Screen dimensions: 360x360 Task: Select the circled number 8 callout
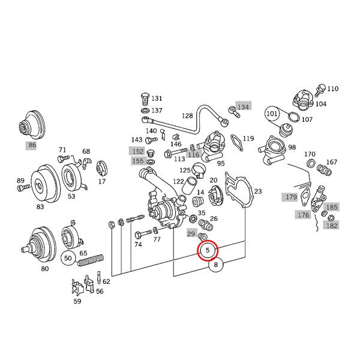pyautogui.click(x=217, y=264)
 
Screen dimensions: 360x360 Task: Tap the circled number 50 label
pyautogui.click(x=68, y=259)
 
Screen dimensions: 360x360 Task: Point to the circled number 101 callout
pyautogui.click(x=272, y=113)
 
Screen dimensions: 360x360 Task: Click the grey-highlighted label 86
pyautogui.click(x=31, y=145)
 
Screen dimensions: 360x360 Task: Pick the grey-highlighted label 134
pyautogui.click(x=242, y=106)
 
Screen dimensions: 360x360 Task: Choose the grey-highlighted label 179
pyautogui.click(x=291, y=197)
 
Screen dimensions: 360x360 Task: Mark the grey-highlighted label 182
pyautogui.click(x=331, y=226)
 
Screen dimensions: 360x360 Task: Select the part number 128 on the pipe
pyautogui.click(x=188, y=116)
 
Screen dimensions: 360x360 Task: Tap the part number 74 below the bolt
pyautogui.click(x=138, y=245)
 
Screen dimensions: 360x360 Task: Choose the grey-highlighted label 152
pyautogui.click(x=137, y=151)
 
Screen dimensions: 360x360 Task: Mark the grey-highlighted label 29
pyautogui.click(x=192, y=233)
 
